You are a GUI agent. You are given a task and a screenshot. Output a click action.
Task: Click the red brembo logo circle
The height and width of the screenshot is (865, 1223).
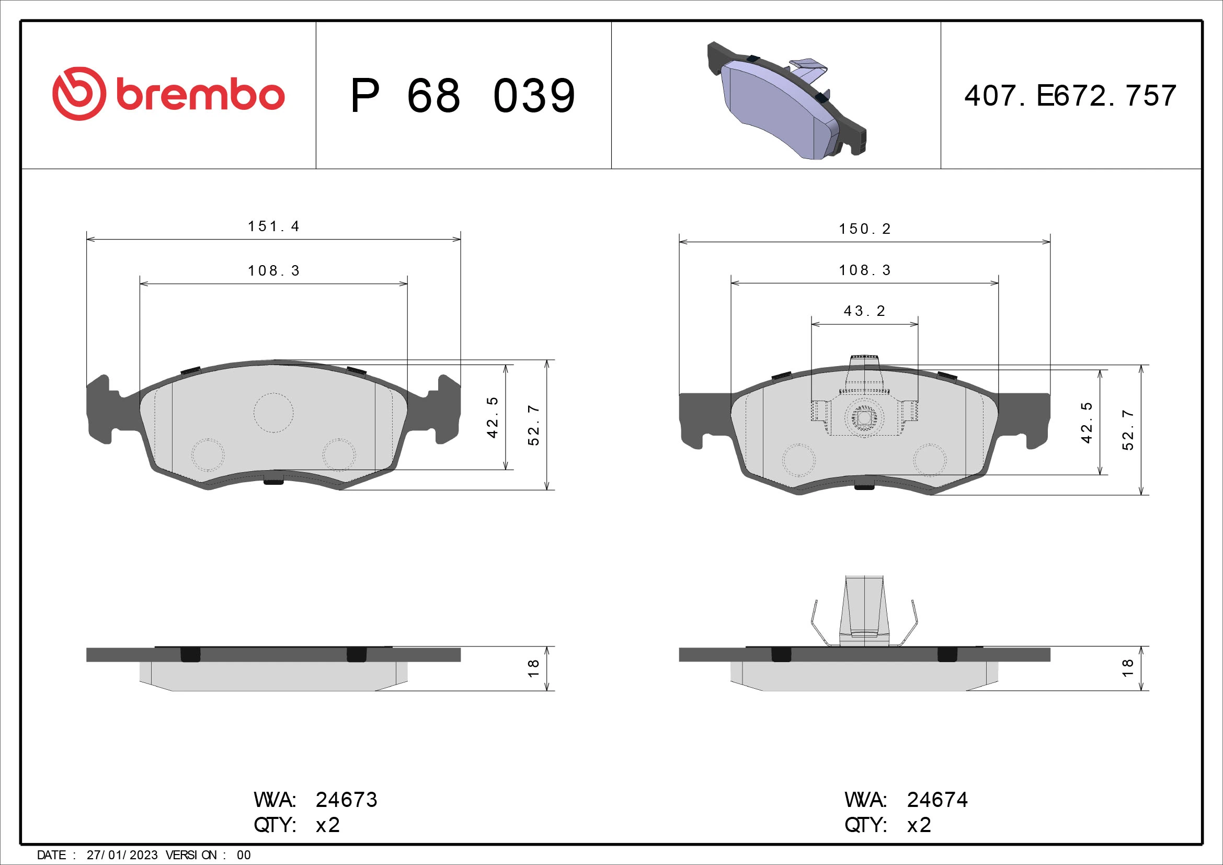pyautogui.click(x=79, y=94)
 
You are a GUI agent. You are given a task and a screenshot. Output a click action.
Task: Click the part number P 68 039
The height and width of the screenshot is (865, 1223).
pyautogui.click(x=462, y=96)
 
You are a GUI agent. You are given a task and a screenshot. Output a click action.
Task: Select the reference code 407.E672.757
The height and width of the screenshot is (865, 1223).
pyautogui.click(x=1070, y=96)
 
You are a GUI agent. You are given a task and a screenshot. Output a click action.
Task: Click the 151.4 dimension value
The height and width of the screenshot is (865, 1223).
pyautogui.click(x=274, y=226)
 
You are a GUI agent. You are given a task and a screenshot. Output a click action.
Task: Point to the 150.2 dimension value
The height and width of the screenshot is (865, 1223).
pyautogui.click(x=864, y=229)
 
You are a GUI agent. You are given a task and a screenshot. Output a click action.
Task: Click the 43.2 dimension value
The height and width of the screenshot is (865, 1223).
pyautogui.click(x=864, y=311)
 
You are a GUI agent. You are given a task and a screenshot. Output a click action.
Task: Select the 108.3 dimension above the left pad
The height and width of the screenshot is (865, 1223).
pyautogui.click(x=274, y=271)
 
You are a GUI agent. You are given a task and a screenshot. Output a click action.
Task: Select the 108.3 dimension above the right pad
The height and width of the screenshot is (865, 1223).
pyautogui.click(x=864, y=270)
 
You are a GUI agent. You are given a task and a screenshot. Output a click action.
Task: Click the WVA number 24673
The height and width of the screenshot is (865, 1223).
pyautogui.click(x=346, y=800)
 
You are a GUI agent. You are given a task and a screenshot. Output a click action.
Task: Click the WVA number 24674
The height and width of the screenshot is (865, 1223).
pyautogui.click(x=938, y=800)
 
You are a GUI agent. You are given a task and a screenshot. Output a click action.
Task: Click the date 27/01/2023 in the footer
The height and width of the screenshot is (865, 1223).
pyautogui.click(x=122, y=855)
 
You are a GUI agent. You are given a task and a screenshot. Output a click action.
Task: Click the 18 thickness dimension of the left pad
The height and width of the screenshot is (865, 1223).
pyautogui.click(x=533, y=668)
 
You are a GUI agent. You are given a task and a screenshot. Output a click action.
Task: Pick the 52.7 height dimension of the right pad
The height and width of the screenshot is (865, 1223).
pyautogui.click(x=1128, y=430)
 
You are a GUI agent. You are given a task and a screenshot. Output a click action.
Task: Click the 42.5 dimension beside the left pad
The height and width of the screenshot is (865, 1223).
pyautogui.click(x=492, y=417)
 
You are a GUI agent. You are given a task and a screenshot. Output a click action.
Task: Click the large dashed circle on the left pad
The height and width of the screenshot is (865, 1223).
pyautogui.click(x=273, y=413)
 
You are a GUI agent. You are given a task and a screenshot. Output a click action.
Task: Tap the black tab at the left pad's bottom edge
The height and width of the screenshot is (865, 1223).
pyautogui.click(x=274, y=482)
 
